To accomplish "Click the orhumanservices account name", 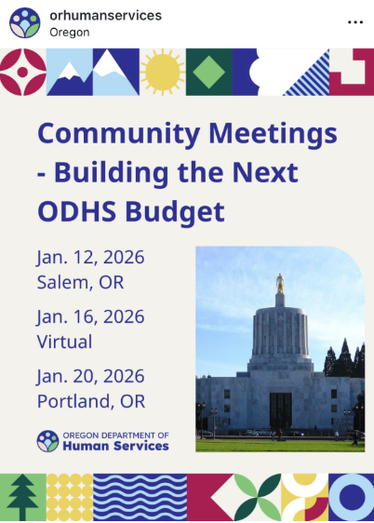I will point(105,15).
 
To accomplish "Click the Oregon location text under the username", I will point(71,32).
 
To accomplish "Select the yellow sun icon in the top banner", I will point(163,72).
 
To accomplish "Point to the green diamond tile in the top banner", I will point(208,72).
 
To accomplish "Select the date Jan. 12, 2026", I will point(91,257).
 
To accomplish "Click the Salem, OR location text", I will point(80,281).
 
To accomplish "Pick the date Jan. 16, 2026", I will point(91,316).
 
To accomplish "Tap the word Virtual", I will point(65,341).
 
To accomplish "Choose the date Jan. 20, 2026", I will point(91,376).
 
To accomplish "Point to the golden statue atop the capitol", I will point(279,282).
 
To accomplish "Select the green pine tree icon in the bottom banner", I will point(22,497).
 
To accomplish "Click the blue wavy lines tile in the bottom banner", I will point(140,497).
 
